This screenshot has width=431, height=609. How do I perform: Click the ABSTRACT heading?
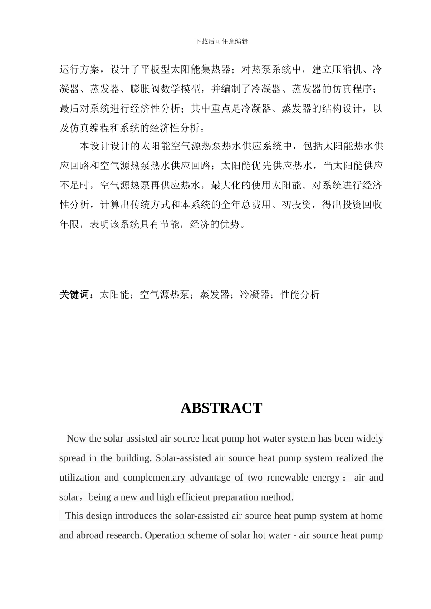[221, 408]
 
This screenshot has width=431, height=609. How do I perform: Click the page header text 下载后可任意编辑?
[221, 41]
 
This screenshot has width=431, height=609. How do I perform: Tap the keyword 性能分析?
[300, 295]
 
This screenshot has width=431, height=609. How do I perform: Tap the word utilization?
[79, 477]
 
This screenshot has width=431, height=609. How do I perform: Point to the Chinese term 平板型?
[155, 69]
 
